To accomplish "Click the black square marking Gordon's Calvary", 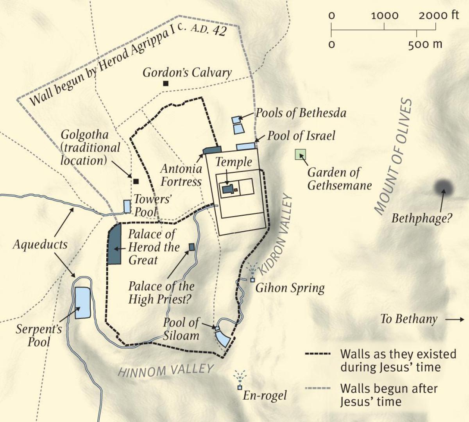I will pos(166,83).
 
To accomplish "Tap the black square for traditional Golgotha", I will pos(136,181).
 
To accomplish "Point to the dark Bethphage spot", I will pos(444,188).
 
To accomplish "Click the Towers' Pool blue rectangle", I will pos(127,206).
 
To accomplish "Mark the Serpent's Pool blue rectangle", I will pos(82,303).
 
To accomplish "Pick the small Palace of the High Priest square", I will pos(192,247).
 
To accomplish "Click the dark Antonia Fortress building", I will pos(213,150).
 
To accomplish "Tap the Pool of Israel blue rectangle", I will pos(246,146).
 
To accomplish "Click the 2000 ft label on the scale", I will pos(439,16).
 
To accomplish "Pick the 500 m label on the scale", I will pos(425,44).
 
